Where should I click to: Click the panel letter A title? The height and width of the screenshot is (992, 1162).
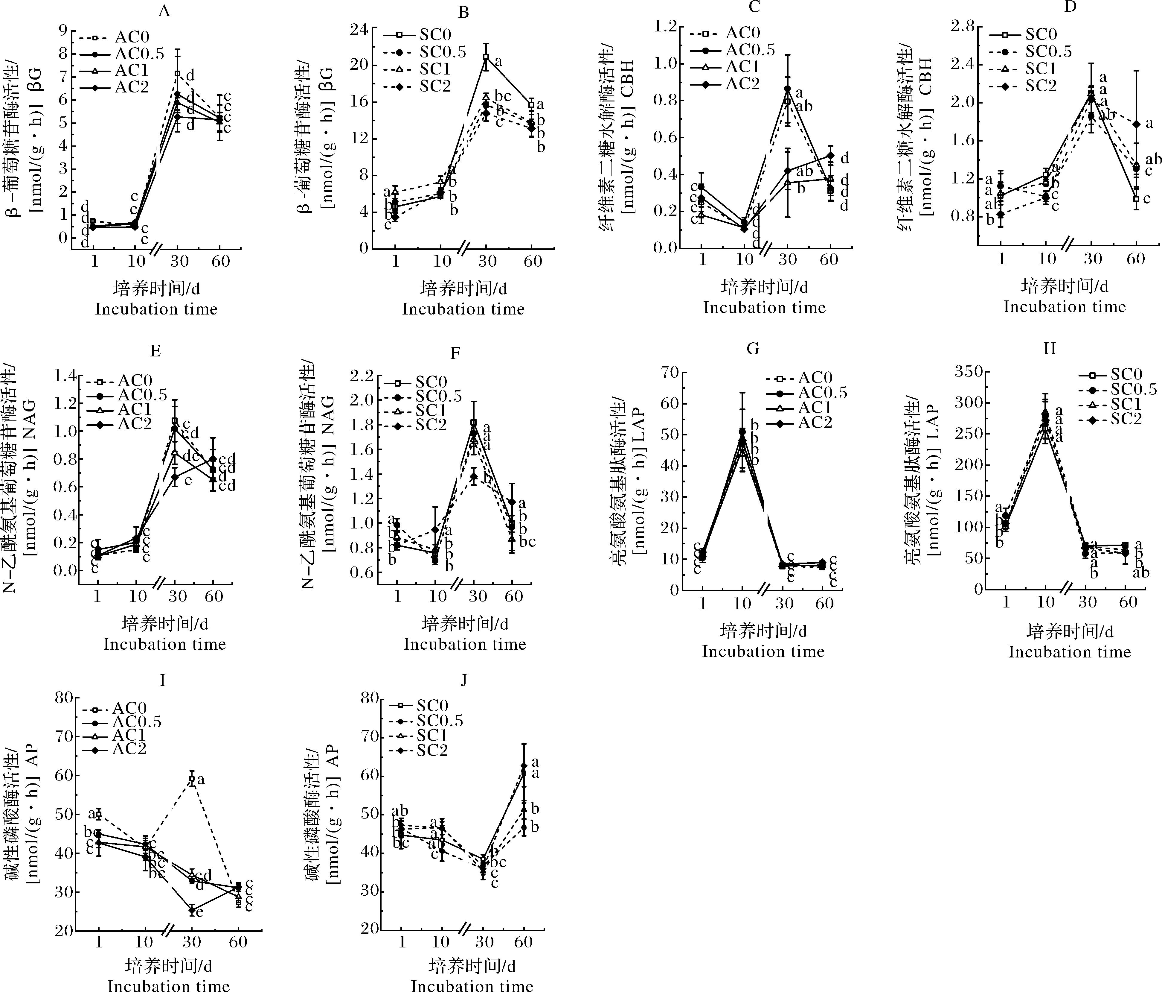pyautogui.click(x=164, y=12)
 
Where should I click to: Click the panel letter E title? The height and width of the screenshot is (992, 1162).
pyautogui.click(x=155, y=351)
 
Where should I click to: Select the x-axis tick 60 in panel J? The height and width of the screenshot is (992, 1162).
pyautogui.click(x=523, y=941)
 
